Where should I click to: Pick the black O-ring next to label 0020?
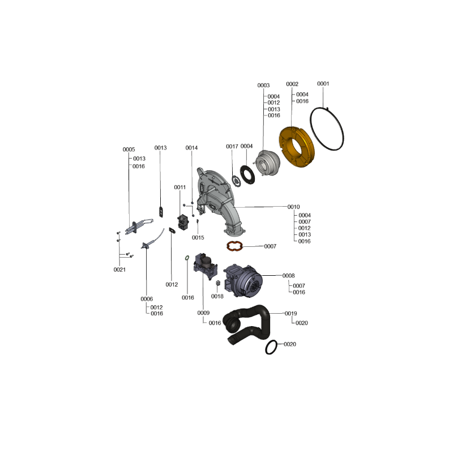(266, 347)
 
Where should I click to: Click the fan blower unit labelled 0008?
(243, 281)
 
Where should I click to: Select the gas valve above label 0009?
(206, 266)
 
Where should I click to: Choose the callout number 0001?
(323, 84)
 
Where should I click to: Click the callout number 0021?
(119, 270)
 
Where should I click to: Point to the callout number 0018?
(217, 296)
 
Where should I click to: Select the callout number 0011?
(180, 187)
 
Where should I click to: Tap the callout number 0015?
(198, 238)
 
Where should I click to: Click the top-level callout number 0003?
(263, 86)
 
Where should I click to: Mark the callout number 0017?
(232, 147)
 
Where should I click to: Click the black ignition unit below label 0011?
(183, 222)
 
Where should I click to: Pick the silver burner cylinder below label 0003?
(267, 163)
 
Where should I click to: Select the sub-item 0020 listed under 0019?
(302, 323)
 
